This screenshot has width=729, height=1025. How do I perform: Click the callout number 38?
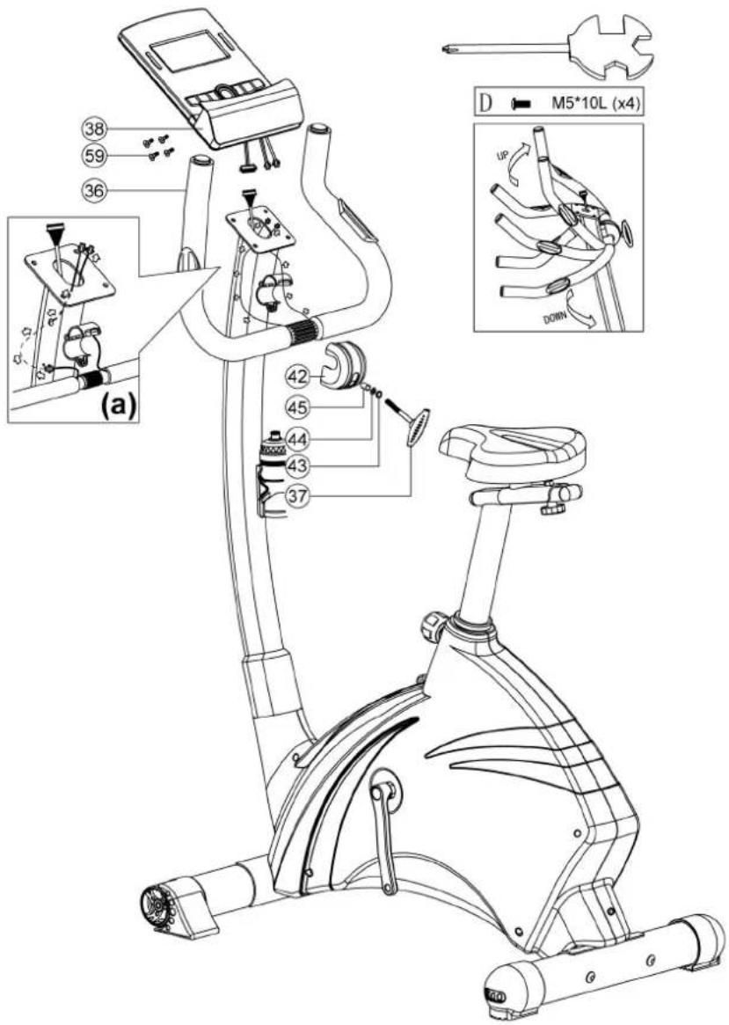[x=95, y=128]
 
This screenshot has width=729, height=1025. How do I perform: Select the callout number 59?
[x=95, y=157]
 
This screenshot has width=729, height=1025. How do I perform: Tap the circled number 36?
[x=95, y=190]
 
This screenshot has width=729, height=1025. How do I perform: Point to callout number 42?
[x=297, y=377]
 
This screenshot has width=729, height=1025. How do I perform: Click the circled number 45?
[x=297, y=406]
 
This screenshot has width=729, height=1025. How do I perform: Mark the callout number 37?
[x=297, y=495]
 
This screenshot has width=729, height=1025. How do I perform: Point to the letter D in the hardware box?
[x=486, y=104]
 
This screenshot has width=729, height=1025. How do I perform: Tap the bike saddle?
[x=513, y=452]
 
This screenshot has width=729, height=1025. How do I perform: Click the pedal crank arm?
[x=384, y=831]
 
